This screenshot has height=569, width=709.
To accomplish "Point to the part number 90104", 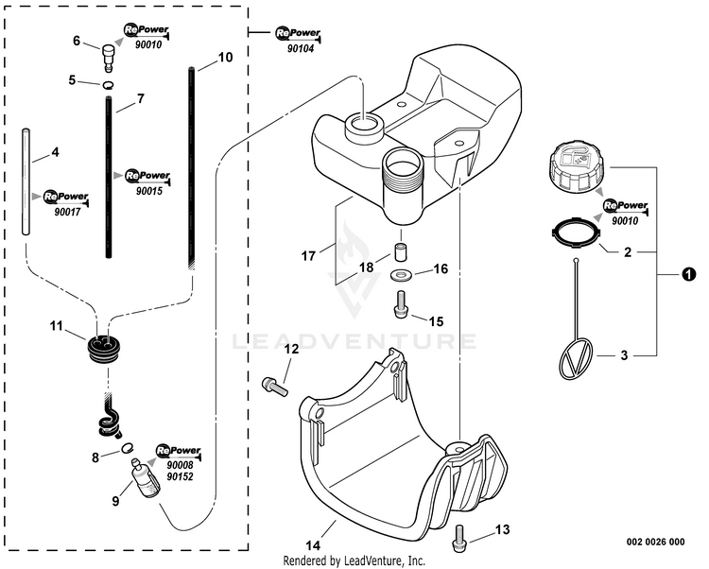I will click(303, 47).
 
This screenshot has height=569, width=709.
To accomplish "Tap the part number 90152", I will click(180, 477).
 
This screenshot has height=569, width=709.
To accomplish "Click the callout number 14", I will click(311, 546).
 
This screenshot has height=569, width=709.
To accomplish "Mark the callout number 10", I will click(224, 57).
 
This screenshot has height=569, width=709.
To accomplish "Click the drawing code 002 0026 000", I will click(655, 543).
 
